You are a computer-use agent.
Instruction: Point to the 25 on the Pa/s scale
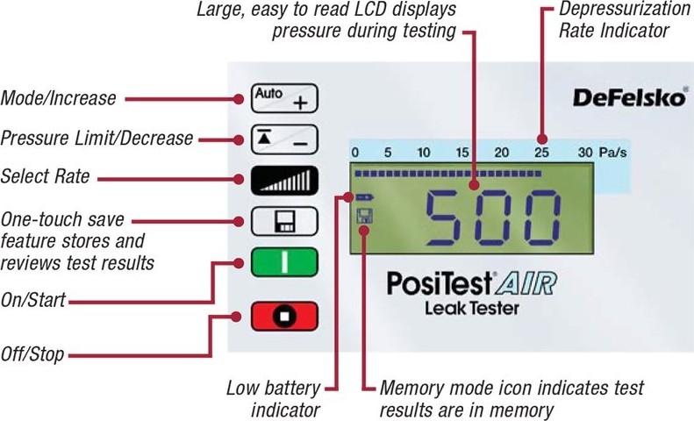pyautogui.click(x=542, y=153)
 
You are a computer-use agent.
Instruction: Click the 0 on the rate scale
pyautogui.click(x=354, y=153)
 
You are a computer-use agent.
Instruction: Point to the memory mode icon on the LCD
pyautogui.click(x=363, y=215)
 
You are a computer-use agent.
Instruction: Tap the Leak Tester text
pyautogui.click(x=471, y=308)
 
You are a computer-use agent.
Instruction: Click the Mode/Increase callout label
pyautogui.click(x=58, y=98)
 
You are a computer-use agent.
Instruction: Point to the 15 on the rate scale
pyautogui.click(x=462, y=153)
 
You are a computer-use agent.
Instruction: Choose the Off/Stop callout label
pyautogui.click(x=32, y=355)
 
